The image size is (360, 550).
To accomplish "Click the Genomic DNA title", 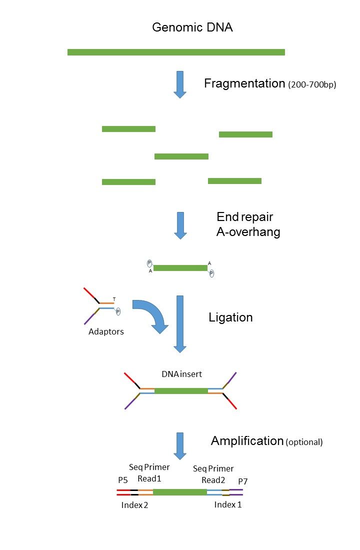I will click(192, 27).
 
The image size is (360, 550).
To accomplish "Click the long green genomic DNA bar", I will click(176, 52).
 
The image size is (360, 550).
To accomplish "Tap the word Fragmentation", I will click(244, 83).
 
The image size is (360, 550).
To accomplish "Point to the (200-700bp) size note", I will click(312, 85).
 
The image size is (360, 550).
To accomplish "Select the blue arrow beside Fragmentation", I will click(180, 84).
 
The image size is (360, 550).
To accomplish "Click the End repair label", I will click(244, 217).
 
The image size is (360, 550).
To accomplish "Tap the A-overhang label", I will click(248, 232).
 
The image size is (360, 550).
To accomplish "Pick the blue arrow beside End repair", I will click(180, 225).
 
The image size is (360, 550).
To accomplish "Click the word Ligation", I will click(230, 317).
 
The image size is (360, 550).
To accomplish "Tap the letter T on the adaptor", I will click(114, 299).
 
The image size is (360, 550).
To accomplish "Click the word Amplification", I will click(247, 441).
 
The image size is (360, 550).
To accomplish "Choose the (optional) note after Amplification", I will click(304, 442).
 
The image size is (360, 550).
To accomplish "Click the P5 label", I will click(123, 480).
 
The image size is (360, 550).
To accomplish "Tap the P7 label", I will click(243, 481).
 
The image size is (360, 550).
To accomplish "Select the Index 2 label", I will click(135, 505).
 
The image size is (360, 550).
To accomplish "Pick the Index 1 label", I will click(228, 504).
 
